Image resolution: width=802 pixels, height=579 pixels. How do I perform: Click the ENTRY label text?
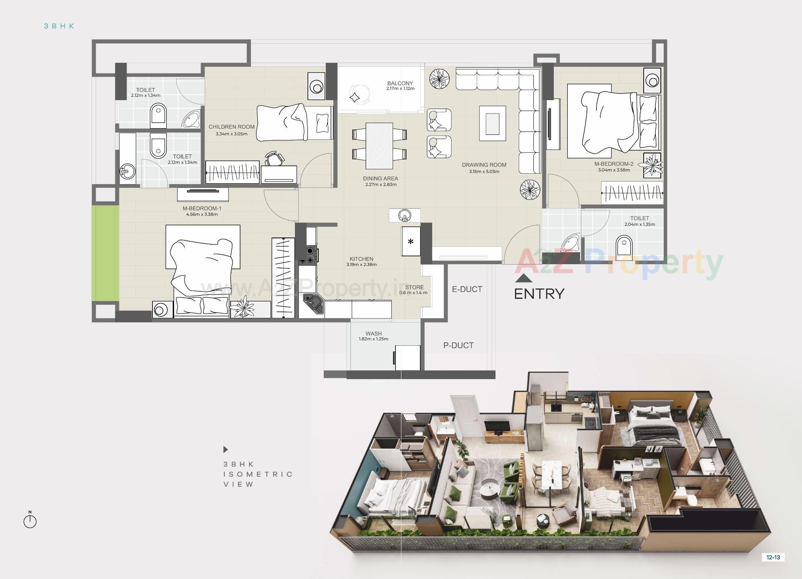pos(539,294)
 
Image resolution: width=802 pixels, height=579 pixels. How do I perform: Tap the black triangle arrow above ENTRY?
pos(524,278)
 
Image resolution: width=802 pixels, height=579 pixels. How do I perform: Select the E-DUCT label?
pos(467,289)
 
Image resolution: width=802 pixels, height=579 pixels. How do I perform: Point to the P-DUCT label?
pos(458,346)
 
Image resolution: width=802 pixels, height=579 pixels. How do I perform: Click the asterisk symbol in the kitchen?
pos(411,242)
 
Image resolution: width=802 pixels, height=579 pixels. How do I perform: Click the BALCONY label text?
pos(400,83)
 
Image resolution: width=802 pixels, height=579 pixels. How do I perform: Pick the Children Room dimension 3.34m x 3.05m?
pos(231,134)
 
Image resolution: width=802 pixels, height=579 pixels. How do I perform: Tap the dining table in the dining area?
pos(379,145)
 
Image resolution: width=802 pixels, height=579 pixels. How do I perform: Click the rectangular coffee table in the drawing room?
pos(492,123)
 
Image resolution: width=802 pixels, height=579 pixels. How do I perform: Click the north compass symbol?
pos(30,521)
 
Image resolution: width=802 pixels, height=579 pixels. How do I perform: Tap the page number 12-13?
pos(773,557)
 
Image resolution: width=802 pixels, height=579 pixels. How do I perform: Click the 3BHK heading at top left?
pos(59,26)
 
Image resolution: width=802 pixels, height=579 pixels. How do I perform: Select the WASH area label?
pos(373,334)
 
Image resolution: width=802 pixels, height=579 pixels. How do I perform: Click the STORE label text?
pos(414,287)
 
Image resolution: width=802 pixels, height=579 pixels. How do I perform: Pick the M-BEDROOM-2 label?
pos(614,164)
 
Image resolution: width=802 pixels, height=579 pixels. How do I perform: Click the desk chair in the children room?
pos(274,159)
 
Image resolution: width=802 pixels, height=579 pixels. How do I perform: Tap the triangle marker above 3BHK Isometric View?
pos(226,450)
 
